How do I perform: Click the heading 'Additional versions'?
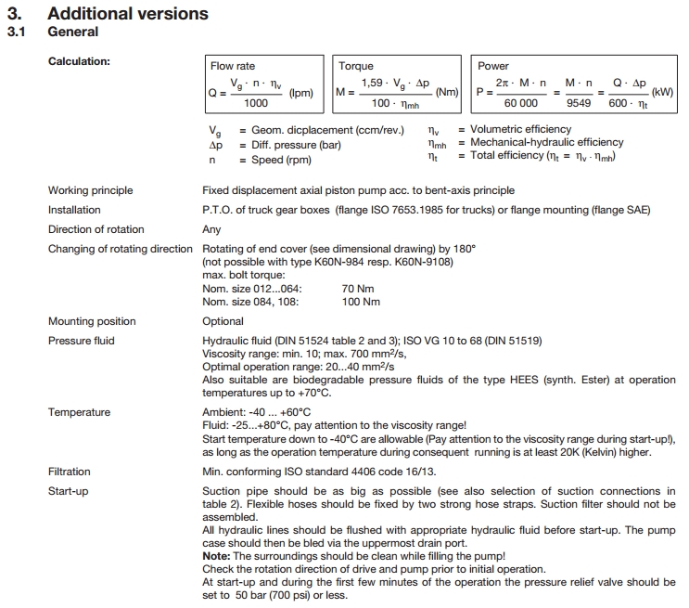(x=127, y=14)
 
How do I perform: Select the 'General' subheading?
(x=72, y=32)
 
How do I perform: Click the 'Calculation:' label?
(x=79, y=62)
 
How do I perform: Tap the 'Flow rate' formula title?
(x=233, y=67)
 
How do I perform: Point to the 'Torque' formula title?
(x=356, y=67)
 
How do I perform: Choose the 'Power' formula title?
(x=493, y=67)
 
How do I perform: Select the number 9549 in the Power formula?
(x=579, y=104)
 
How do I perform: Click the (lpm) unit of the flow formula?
(x=301, y=93)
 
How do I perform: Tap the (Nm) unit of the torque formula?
(x=447, y=93)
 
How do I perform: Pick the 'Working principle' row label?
(x=91, y=190)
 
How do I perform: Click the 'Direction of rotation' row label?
(x=96, y=229)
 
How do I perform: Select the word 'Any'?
(x=211, y=229)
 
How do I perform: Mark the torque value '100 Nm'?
(x=361, y=302)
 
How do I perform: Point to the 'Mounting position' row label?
(x=92, y=321)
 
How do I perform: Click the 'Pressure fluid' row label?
(x=82, y=341)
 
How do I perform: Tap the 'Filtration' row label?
(x=70, y=472)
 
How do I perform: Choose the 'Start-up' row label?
(x=69, y=491)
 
